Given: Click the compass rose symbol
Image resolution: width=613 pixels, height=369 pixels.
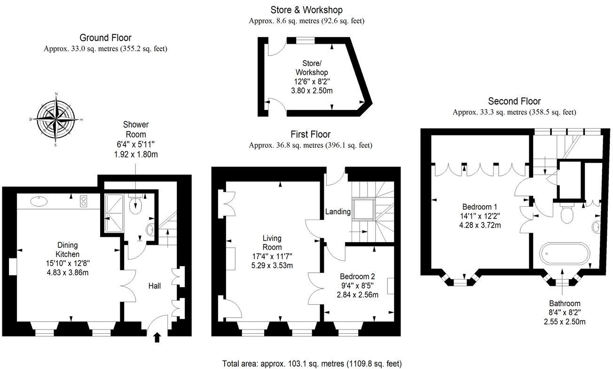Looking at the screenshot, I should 56,119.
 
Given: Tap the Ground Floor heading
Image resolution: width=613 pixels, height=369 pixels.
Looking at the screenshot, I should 105,38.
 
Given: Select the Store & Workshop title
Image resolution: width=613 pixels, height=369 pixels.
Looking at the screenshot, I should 306,9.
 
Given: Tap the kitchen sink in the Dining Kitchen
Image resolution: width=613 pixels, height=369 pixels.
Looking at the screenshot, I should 38,202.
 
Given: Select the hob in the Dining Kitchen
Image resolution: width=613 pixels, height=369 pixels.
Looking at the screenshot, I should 85,201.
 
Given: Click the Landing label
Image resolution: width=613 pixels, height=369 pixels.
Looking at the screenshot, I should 338,212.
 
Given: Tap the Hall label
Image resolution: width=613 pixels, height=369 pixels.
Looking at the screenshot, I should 155,285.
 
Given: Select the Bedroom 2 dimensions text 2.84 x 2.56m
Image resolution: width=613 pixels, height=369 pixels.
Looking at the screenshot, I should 358,295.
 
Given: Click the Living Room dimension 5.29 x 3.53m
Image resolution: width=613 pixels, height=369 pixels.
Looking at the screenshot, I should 272,265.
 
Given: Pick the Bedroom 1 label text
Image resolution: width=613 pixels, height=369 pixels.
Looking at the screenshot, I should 479,206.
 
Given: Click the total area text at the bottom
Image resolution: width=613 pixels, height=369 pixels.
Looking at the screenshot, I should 312,363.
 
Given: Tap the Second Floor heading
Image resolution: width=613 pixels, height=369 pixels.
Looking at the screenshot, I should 514,101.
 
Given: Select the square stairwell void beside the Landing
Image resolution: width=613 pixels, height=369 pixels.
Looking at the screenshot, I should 364,210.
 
